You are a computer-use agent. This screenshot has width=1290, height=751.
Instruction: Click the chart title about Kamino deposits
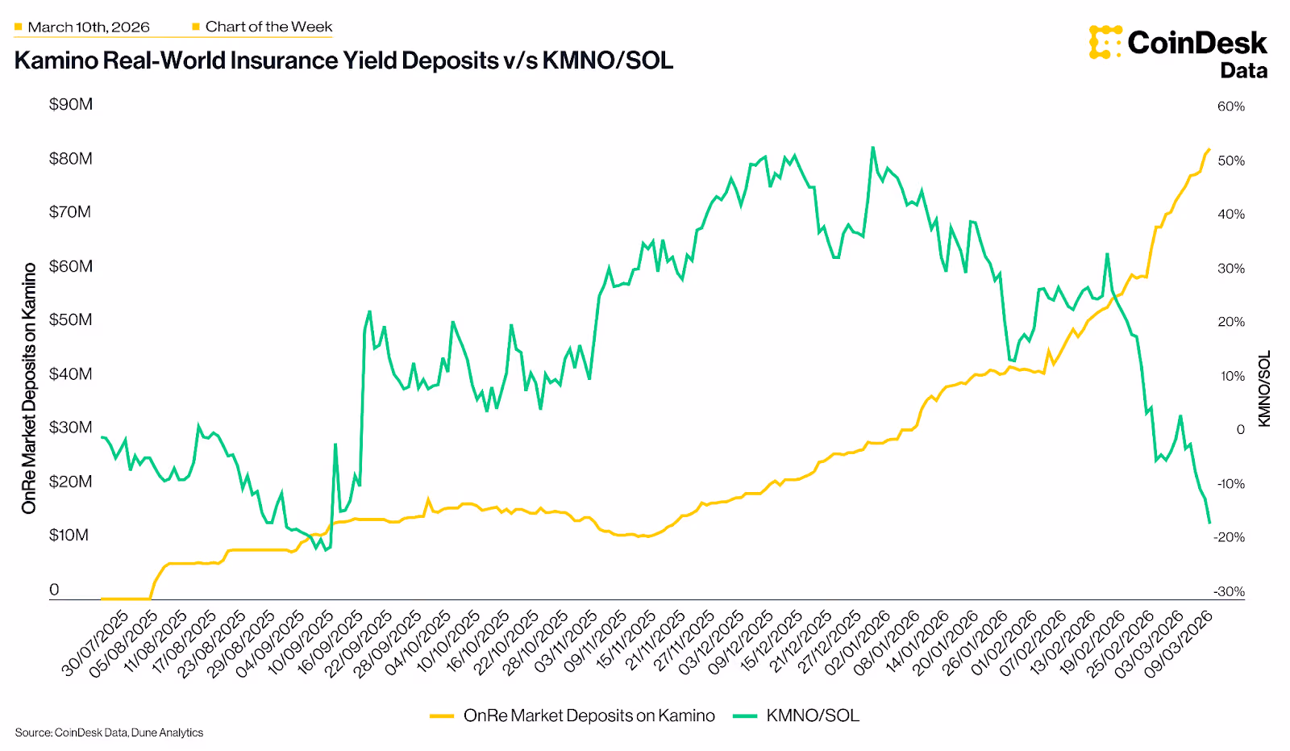tap(343, 61)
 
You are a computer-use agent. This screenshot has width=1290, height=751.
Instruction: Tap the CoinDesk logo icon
tap(1105, 42)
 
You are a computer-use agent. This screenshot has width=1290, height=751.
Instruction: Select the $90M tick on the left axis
tap(71, 104)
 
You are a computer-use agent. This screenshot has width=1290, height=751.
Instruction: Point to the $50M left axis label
tap(71, 319)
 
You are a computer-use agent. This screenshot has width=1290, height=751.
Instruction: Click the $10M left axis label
tap(69, 535)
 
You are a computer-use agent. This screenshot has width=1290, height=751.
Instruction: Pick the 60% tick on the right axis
tap(1230, 106)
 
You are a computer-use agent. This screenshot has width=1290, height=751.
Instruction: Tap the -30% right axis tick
tap(1229, 591)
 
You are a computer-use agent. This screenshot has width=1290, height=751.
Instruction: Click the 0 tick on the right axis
tap(1240, 429)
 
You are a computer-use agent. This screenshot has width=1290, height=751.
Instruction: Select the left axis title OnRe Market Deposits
tap(29, 388)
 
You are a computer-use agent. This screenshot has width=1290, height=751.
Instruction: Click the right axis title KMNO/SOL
tap(1263, 389)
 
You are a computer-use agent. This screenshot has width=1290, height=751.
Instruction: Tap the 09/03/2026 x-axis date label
tap(1180, 643)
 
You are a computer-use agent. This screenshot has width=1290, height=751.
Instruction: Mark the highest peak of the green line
tap(872, 148)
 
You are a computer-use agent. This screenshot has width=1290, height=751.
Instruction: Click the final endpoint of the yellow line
tap(1209, 149)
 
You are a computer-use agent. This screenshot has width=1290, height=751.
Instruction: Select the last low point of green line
tap(1209, 523)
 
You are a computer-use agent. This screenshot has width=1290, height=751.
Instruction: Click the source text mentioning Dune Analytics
tap(109, 732)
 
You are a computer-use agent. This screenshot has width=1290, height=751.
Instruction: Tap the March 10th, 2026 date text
tap(89, 27)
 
